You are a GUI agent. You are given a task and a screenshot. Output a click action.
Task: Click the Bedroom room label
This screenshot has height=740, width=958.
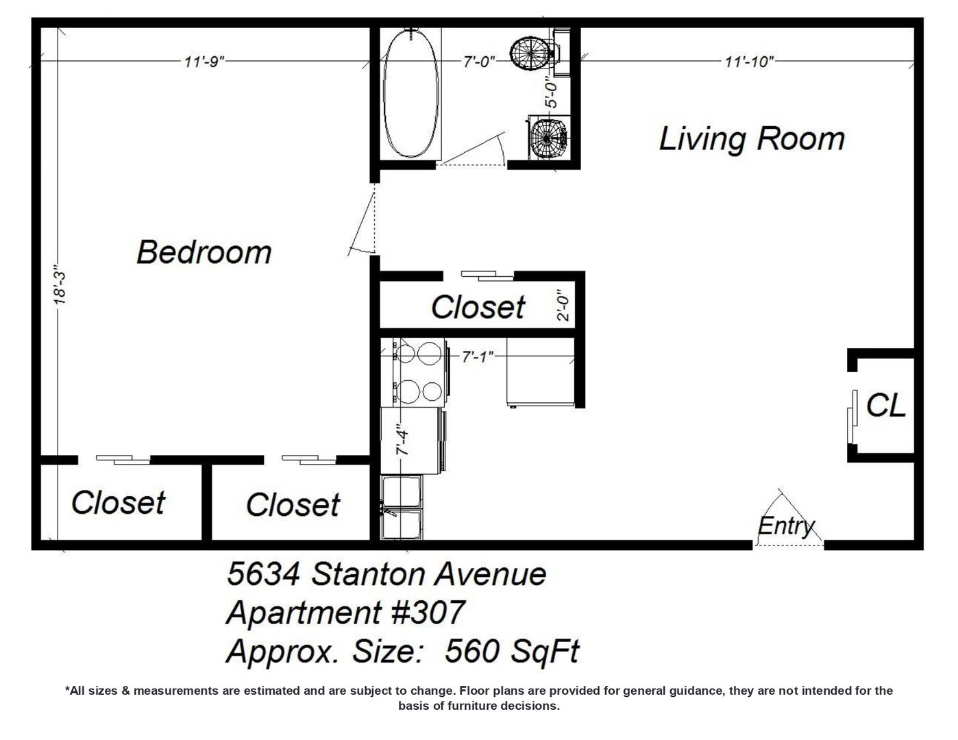204,253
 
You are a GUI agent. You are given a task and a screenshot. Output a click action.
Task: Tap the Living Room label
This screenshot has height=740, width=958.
752,139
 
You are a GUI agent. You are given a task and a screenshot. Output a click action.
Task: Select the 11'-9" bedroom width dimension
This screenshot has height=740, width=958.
204,62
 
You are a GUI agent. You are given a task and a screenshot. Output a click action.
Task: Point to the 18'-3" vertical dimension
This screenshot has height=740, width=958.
60,285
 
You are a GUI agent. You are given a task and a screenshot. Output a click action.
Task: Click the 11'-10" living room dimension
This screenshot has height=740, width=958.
750,62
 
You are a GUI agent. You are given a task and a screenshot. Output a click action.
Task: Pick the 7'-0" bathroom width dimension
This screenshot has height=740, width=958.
479,62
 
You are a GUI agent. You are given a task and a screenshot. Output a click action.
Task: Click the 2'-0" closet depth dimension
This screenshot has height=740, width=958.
563,305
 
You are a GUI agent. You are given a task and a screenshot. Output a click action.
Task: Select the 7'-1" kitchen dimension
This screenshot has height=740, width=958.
478,356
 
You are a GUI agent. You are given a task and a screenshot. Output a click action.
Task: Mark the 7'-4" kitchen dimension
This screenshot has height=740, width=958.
403,439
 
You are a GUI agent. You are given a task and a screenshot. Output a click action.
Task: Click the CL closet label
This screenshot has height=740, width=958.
886,405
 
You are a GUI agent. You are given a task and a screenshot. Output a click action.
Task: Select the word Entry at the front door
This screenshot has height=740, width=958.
786,526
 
